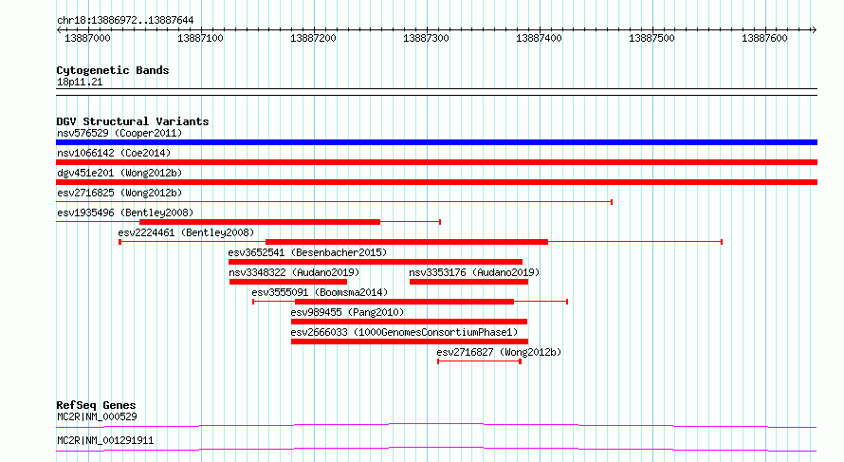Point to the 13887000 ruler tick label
87,39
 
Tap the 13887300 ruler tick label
427,39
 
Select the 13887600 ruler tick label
763,39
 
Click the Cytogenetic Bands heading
112,70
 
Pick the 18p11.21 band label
80,83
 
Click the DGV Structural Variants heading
132,121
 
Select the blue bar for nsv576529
436,142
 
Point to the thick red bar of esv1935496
259,222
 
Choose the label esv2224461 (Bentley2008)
186,232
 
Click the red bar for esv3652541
375,262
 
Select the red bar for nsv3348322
287,282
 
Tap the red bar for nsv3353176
468,282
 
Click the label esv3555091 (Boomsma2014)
320,292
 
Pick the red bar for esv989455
409,322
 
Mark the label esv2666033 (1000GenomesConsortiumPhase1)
404,332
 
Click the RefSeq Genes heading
96,405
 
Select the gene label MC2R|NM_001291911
104,441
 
